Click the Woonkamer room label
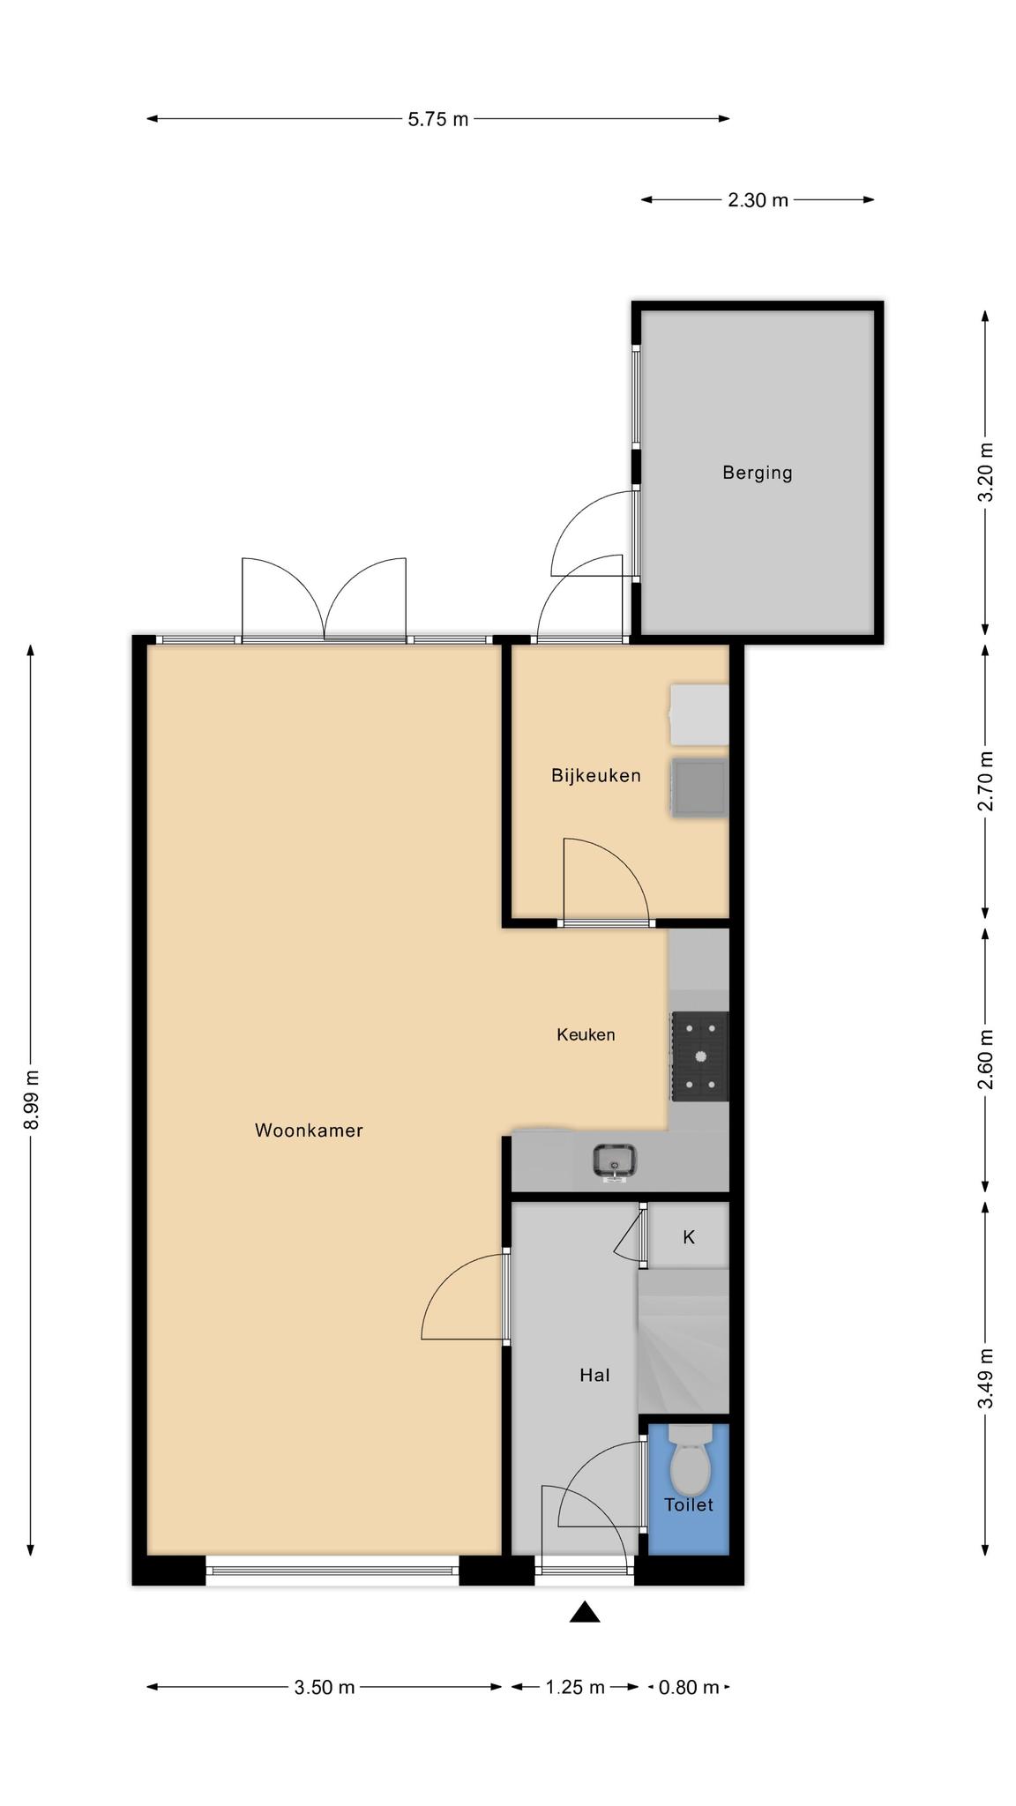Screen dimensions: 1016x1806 click(309, 1131)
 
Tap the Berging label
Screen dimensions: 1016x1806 click(757, 473)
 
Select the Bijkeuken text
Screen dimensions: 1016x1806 click(595, 775)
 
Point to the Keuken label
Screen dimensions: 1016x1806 click(586, 1034)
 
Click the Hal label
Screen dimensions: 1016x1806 click(594, 1375)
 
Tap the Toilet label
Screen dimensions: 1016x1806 click(689, 1505)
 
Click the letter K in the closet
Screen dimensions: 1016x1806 click(689, 1237)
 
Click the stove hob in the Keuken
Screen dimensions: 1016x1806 click(700, 1056)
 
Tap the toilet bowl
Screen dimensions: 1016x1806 click(690, 1459)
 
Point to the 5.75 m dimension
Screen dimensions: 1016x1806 click(438, 119)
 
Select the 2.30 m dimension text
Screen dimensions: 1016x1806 click(758, 200)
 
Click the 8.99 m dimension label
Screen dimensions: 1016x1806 click(32, 1100)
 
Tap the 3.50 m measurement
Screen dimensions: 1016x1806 click(325, 1687)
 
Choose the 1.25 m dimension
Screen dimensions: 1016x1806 click(575, 1687)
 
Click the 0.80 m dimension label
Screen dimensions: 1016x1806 click(689, 1687)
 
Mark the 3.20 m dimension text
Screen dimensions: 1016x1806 click(986, 472)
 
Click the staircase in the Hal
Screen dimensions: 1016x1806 click(684, 1341)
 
